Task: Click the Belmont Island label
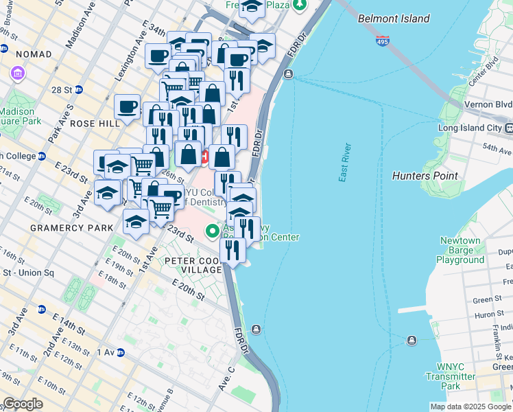click(x=394, y=19)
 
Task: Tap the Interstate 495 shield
click(x=383, y=42)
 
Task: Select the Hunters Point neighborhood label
click(x=425, y=176)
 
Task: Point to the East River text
click(x=345, y=162)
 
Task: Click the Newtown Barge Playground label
click(x=460, y=251)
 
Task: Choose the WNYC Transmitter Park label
click(x=451, y=376)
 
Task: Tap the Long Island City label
click(x=470, y=128)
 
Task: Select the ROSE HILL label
click(x=100, y=124)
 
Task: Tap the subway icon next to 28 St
click(x=79, y=89)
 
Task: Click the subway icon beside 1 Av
click(x=120, y=352)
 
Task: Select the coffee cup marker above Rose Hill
click(x=128, y=107)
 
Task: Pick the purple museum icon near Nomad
click(x=15, y=73)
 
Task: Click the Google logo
click(x=23, y=404)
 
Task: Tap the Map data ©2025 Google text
click(x=470, y=407)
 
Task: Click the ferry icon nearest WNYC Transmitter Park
click(x=412, y=340)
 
